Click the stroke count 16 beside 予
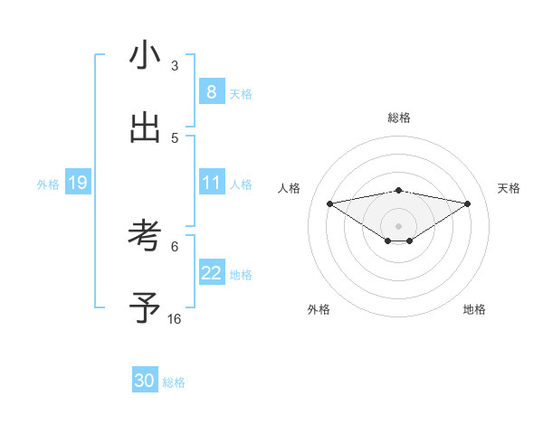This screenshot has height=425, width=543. (175, 318)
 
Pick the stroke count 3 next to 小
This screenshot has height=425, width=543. (175, 65)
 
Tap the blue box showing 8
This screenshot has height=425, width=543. (212, 91)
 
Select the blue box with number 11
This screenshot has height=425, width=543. (212, 183)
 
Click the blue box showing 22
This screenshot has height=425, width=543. (212, 273)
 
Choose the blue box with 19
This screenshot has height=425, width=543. (78, 183)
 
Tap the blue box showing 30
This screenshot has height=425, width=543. (145, 381)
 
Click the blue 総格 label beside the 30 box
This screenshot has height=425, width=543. (174, 382)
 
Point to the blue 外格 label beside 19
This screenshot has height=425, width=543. (48, 184)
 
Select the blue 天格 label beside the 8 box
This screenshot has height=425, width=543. (241, 93)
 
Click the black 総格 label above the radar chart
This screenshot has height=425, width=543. (399, 118)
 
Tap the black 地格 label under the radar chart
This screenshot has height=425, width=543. (474, 309)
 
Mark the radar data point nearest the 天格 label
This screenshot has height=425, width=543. (468, 203)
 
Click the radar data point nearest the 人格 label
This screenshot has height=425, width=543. (330, 203)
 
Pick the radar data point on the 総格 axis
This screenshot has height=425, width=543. (399, 190)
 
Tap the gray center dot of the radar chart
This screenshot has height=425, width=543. (399, 225)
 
